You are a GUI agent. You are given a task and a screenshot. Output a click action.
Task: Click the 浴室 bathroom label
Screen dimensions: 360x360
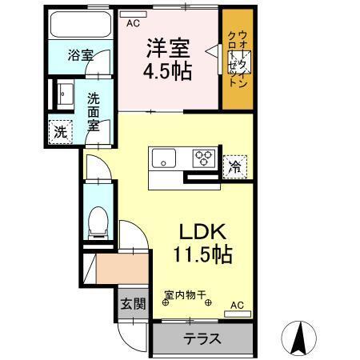80,55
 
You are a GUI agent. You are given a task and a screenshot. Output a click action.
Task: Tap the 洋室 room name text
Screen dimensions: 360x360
167,46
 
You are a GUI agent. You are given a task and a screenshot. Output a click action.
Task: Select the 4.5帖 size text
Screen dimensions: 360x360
167,71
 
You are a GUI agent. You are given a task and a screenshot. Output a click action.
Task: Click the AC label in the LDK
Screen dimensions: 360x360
237,305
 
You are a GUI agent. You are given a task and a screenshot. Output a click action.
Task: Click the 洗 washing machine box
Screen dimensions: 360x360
61,133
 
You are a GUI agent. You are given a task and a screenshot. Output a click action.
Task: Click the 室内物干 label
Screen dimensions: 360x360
188,294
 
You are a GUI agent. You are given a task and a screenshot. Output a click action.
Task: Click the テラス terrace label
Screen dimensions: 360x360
202,338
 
